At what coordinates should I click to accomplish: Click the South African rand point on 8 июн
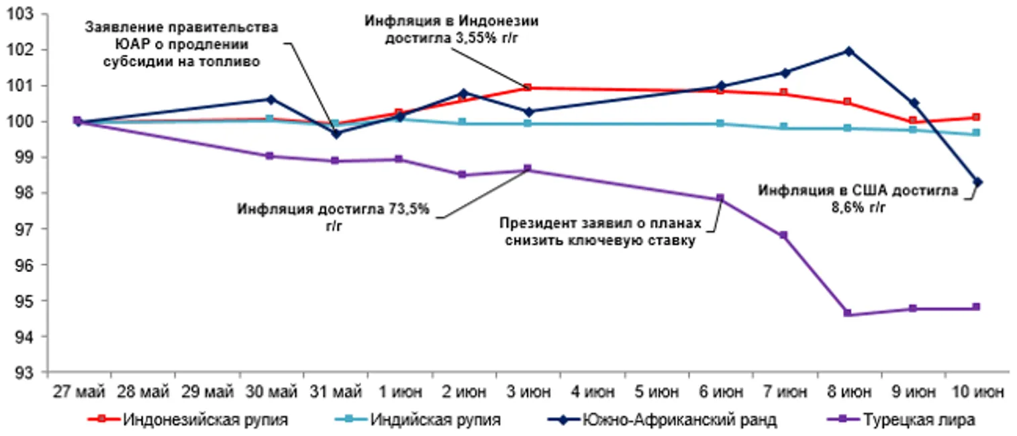point(849,51)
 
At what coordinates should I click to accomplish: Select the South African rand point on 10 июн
point(977,182)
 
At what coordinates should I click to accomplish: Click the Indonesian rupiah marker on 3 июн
point(528,87)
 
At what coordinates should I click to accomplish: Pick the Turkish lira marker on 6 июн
point(720,198)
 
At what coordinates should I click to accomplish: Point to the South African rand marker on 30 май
point(270,99)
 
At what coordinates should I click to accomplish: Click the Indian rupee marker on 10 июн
point(977,133)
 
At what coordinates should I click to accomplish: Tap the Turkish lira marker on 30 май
point(270,156)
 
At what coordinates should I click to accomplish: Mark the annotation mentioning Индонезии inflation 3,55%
point(451,29)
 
